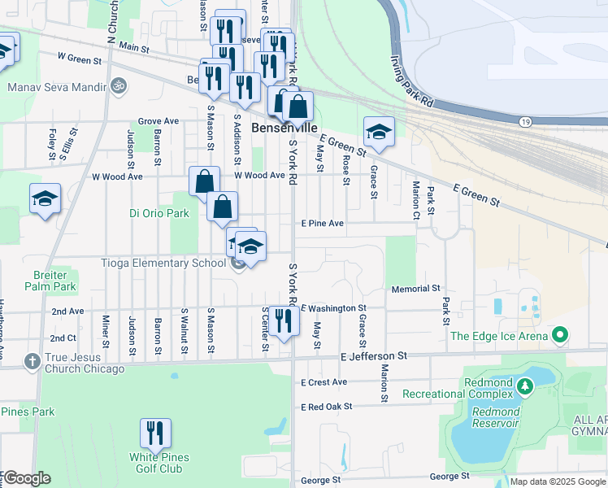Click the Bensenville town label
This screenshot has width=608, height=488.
click(x=284, y=128)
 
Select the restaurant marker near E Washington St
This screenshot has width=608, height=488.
click(x=283, y=320)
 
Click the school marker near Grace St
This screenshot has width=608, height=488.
click(x=379, y=131)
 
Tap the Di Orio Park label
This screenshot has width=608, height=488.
click(x=159, y=214)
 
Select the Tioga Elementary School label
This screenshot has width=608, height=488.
click(x=163, y=263)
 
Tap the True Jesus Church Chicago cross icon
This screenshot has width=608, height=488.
click(x=32, y=360)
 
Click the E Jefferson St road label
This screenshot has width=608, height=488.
click(x=374, y=356)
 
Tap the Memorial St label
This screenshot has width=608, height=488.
click(x=415, y=289)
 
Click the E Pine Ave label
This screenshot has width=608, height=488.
click(x=323, y=223)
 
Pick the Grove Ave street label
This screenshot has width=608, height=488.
click(x=158, y=121)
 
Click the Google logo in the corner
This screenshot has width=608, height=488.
click(x=26, y=478)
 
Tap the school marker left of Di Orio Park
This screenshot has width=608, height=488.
click(x=45, y=198)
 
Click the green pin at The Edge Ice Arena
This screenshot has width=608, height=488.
click(x=559, y=335)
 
